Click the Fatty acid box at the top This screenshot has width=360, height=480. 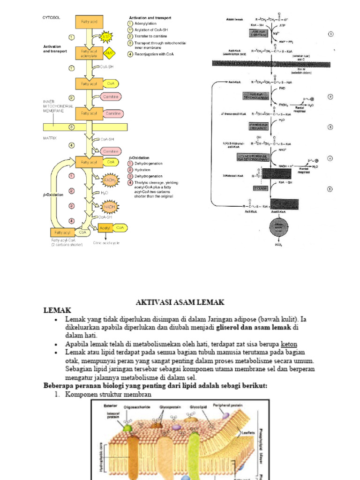pyautogui.click(x=89, y=21)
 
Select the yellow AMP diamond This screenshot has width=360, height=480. pyautogui.click(x=109, y=52)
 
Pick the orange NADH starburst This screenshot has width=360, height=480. pyautogui.click(x=109, y=206)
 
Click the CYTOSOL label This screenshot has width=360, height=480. pyautogui.click(x=52, y=17)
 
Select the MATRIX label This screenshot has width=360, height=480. pyautogui.click(x=50, y=138)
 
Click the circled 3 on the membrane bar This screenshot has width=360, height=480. pyautogui.click(x=71, y=127)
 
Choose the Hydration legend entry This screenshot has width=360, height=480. pyautogui.click(x=143, y=170)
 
